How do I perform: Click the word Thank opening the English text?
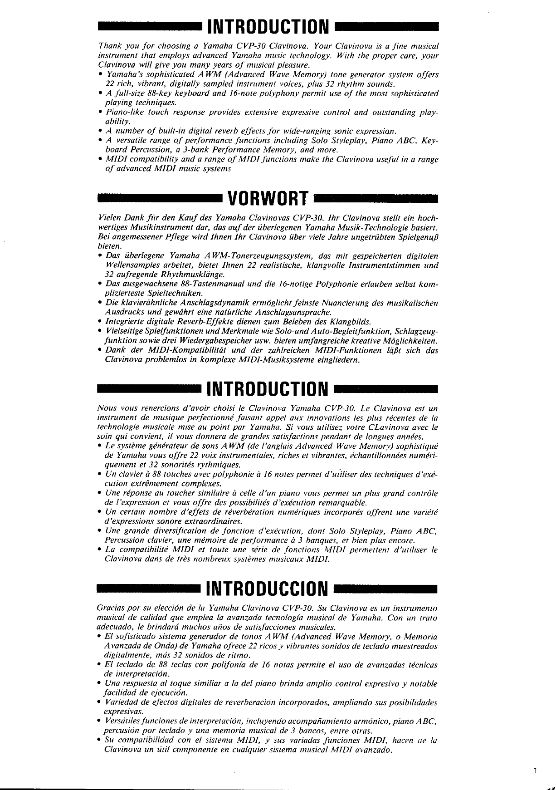click(x=108, y=46)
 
